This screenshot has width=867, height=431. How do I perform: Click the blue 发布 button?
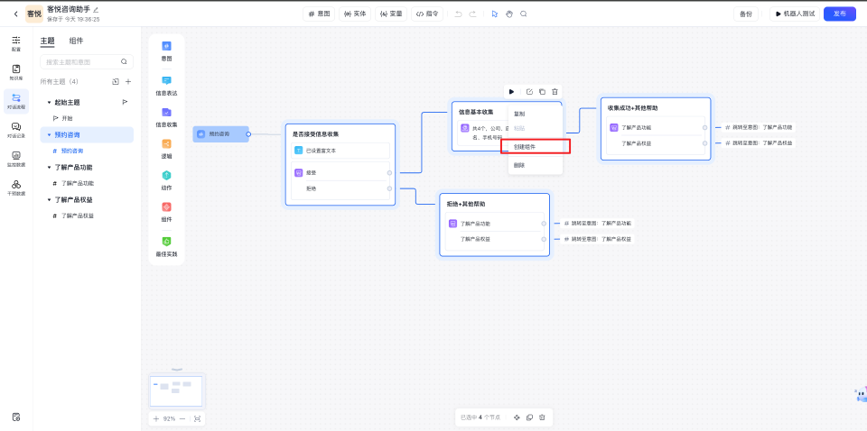[839, 14]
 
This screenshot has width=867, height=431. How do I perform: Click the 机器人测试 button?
[794, 14]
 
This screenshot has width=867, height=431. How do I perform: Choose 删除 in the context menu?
[519, 165]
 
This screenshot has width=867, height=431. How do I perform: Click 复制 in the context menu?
[519, 114]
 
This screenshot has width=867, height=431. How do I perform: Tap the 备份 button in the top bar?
[745, 14]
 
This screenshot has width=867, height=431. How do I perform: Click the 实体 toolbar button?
[355, 14]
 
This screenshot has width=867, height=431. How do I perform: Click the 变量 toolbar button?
[391, 14]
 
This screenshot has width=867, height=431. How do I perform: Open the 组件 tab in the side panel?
[77, 41]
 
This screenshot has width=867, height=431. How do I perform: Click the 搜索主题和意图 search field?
[81, 62]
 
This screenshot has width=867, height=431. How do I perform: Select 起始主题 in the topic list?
[68, 102]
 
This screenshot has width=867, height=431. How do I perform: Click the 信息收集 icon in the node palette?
[166, 117]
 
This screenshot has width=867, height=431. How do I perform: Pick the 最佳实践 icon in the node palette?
[166, 246]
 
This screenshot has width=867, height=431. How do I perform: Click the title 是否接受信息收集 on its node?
[316, 133]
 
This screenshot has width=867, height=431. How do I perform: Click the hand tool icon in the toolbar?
[508, 14]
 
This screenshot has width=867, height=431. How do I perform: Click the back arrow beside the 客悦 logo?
[15, 14]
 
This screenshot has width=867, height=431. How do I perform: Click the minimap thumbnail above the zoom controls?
[176, 390]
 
